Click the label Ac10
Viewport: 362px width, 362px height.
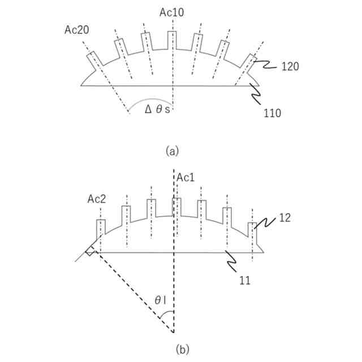point(171,12)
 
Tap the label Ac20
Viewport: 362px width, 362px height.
point(77,29)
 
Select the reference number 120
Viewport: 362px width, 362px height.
point(290,67)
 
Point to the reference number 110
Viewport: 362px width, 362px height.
point(272,113)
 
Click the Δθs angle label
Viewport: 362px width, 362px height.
point(157,109)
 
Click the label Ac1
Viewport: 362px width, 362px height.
point(186,178)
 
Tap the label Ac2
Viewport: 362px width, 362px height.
point(97,199)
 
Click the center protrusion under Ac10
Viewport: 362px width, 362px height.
point(172,41)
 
